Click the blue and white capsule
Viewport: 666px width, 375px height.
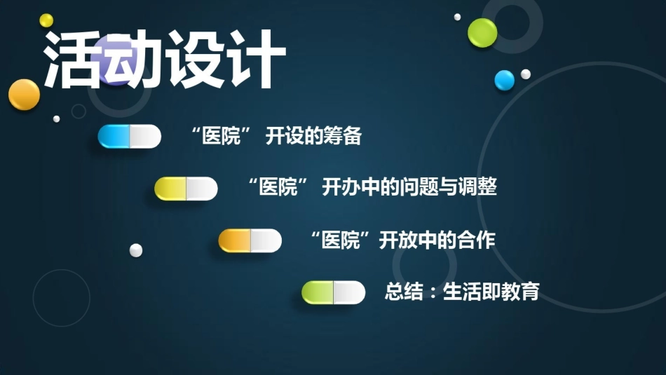[130, 136]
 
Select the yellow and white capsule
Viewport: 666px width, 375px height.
[186, 189]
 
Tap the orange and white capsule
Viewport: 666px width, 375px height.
[250, 241]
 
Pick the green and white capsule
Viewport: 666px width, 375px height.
[334, 292]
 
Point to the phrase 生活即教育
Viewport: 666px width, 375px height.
[491, 292]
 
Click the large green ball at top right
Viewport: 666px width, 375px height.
[482, 33]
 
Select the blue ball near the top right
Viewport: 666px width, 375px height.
[505, 81]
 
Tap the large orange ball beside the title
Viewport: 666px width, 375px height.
[25, 95]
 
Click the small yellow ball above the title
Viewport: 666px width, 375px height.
[46, 20]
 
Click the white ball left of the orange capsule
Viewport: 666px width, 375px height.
[136, 250]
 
